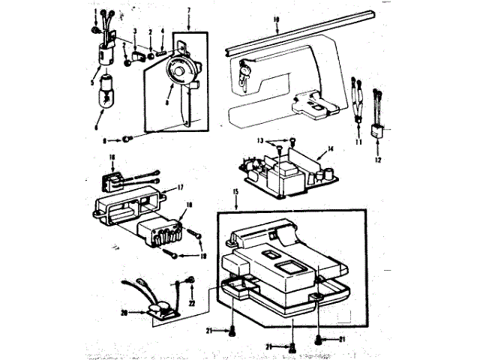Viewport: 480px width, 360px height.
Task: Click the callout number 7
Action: pyautogui.click(x=189, y=10)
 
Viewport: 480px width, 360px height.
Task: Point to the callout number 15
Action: pyautogui.click(x=236, y=193)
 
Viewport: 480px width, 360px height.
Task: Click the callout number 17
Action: pyautogui.click(x=179, y=188)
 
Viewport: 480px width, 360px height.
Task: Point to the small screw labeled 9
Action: pyautogui.click(x=131, y=139)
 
